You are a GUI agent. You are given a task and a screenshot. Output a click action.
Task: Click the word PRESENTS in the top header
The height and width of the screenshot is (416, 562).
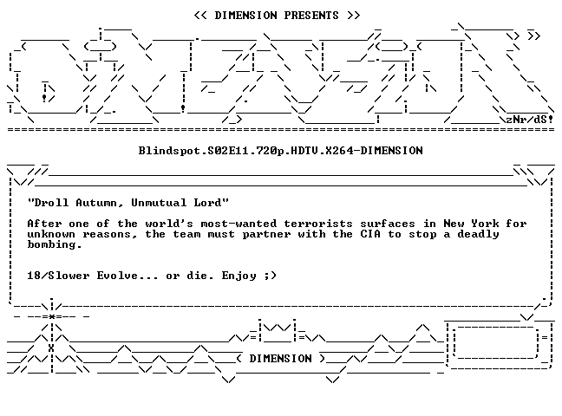tap(311, 16)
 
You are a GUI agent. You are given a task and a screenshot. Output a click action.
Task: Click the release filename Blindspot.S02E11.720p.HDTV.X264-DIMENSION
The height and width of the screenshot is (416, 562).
tap(281, 151)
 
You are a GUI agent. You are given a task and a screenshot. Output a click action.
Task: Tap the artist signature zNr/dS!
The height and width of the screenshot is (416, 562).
tap(529, 119)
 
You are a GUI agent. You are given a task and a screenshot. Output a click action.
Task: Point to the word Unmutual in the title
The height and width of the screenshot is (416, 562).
tap(159, 203)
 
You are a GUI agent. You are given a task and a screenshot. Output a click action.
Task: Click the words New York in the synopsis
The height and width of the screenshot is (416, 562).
tap(471, 224)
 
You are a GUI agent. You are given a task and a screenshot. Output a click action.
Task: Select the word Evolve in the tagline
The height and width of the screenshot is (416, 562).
tap(117, 276)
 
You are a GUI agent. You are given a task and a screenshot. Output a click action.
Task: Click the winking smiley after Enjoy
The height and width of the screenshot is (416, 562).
tap(271, 276)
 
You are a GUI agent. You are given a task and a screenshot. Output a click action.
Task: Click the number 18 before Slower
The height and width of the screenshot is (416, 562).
tap(34, 276)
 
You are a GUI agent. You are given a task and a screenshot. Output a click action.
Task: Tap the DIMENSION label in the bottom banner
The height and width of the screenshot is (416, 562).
tap(281, 359)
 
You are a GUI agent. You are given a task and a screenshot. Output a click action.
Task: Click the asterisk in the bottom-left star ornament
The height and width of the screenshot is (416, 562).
tap(52, 316)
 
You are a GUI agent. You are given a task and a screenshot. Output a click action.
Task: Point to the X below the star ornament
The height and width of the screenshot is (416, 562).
tap(51, 348)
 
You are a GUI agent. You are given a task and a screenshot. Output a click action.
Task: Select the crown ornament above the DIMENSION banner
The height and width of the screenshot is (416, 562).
tap(277, 330)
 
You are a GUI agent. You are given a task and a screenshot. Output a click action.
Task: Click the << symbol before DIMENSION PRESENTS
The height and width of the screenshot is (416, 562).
tap(200, 16)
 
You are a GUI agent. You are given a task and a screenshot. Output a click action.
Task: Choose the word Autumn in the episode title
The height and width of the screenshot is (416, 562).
tap(96, 203)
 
